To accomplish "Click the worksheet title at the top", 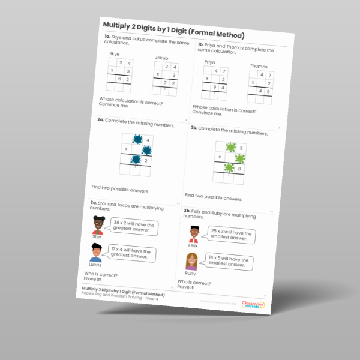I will tap(173, 27).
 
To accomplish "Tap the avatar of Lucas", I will tap(96, 252).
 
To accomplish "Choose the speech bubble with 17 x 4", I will tap(130, 254).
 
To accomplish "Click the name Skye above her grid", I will tap(114, 54).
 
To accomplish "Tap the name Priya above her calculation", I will tap(209, 62).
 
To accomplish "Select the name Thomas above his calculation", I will tap(259, 67).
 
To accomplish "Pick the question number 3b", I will tap(187, 211).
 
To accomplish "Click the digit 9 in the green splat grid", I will tap(242, 148).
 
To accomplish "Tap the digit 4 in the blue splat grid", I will tap(147, 139).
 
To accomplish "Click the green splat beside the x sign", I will tap(239, 158).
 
